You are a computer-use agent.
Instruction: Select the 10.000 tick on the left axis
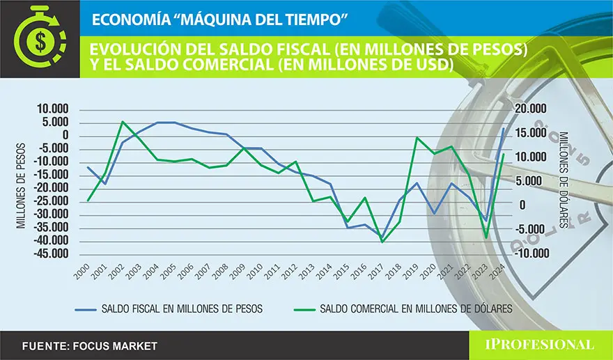(57, 109)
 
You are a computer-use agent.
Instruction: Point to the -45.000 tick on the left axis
(56, 255)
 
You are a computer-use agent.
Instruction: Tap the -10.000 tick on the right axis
(529, 253)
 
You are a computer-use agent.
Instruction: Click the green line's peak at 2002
(123, 122)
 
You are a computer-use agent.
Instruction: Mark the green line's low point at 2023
(486, 238)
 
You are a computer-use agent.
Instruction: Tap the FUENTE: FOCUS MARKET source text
(90, 345)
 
